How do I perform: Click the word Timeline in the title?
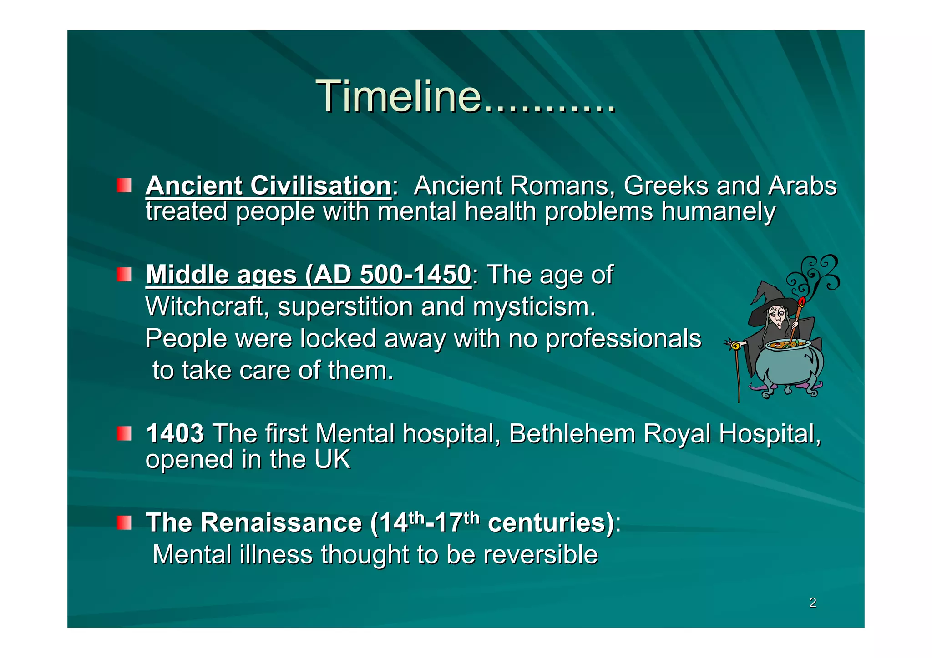pyautogui.click(x=398, y=96)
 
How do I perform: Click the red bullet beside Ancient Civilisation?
pyautogui.click(x=124, y=186)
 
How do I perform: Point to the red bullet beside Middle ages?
pyautogui.click(x=124, y=274)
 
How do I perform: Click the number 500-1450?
pyautogui.click(x=415, y=275)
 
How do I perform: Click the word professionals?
pyautogui.click(x=623, y=339)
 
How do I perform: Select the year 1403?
pyautogui.click(x=175, y=433)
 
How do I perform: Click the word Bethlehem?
pyautogui.click(x=572, y=433)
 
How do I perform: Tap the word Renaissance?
pyautogui.click(x=281, y=522)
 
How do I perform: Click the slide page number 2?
pyautogui.click(x=813, y=603)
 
